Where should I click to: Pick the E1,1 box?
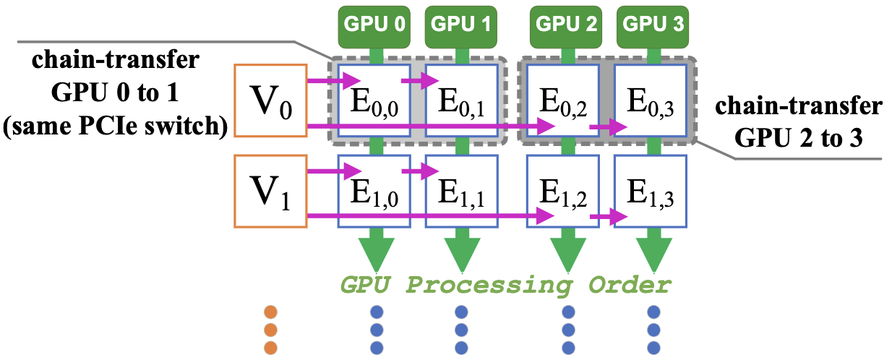tap(461, 189)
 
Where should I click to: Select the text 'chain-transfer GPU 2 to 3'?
tap(798, 122)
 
